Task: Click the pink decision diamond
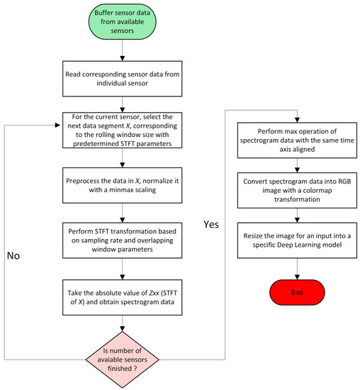[124, 351]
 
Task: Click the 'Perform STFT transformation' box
[124, 240]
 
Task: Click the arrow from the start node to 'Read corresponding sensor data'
[124, 55]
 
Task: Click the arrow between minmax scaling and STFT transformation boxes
[124, 213]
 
